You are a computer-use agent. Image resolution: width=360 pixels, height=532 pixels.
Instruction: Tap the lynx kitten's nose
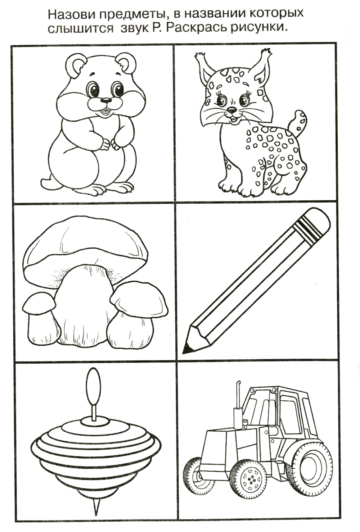coord(231,109)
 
